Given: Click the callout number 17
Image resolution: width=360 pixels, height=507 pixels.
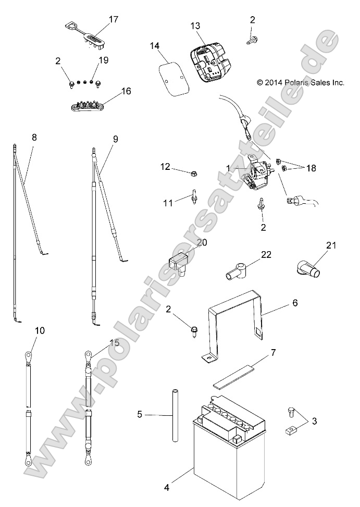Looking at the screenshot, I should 113,20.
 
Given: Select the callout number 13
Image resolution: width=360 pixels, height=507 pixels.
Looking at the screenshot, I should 195,25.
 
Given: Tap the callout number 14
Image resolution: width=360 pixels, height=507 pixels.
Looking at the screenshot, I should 155,45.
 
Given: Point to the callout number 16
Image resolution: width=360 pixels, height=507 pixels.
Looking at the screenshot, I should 126,91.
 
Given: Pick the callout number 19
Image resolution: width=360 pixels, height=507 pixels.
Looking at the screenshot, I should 103,60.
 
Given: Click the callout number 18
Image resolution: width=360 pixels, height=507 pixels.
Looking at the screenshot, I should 312,168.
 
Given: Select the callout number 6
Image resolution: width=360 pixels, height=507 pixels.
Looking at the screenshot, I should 294,302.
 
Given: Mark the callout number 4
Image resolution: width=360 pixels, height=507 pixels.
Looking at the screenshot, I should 166,488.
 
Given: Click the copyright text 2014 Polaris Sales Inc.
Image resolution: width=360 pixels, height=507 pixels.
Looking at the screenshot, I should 301,82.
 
